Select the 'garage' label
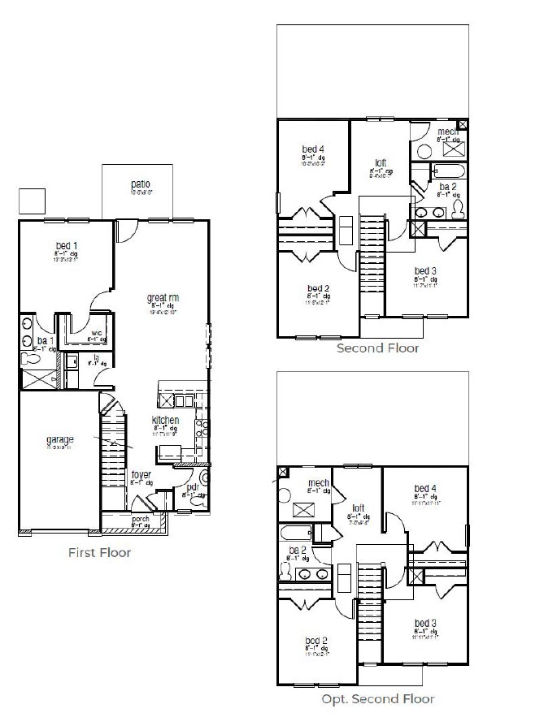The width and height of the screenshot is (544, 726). coord(59,440)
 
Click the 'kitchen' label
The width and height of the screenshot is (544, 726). coord(165,420)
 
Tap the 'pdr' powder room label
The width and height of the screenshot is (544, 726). coord(193,487)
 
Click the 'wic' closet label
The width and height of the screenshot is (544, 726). coord(97,332)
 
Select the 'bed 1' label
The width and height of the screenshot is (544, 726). coord(66,245)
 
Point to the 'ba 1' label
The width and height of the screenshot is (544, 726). coord(45,340)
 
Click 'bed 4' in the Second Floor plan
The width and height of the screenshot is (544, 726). coord(314,149)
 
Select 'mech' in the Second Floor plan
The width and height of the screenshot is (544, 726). coord(448,132)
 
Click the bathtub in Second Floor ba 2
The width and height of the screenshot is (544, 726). coord(448,171)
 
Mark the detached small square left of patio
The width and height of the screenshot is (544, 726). coord(32,201)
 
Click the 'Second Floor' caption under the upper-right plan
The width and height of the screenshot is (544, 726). coord(378,348)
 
